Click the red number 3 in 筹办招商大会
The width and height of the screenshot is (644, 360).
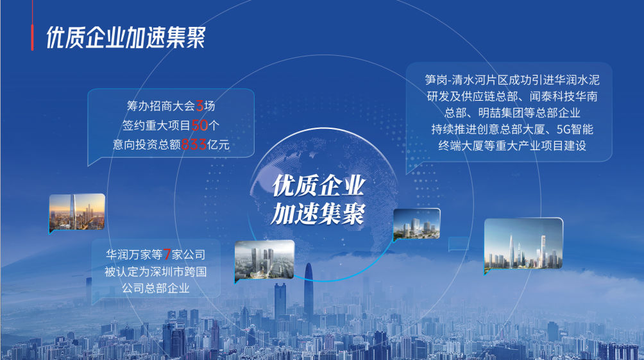(199, 106)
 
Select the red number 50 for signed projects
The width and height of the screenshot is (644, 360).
(200, 125)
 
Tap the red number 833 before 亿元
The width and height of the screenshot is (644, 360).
(194, 144)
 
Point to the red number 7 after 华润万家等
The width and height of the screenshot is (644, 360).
(167, 254)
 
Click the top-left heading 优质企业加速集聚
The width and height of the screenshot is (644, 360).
(126, 37)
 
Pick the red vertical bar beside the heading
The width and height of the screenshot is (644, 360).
(32, 37)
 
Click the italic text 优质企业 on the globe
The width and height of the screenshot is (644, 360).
(318, 185)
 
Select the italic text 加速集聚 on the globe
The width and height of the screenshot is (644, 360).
(318, 214)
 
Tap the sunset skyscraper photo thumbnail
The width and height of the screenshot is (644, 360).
(77, 212)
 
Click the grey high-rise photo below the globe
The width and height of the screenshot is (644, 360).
(264, 260)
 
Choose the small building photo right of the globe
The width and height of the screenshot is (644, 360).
(417, 224)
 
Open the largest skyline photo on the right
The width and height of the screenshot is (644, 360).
(523, 244)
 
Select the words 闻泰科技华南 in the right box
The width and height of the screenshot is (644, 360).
(563, 96)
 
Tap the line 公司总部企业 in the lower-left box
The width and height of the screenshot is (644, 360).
(156, 288)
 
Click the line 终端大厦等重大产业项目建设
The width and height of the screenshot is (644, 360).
(512, 146)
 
